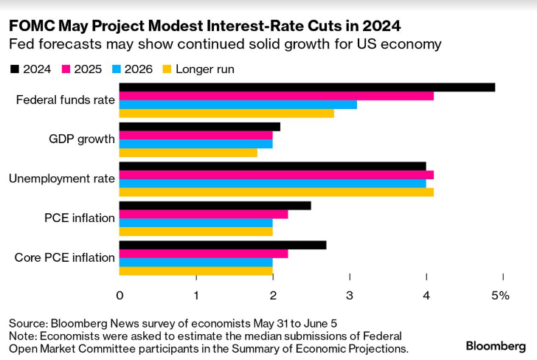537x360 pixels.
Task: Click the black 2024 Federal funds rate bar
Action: point(307,87)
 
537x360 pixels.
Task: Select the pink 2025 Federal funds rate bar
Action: point(277,96)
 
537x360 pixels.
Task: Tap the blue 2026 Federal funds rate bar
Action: point(238,105)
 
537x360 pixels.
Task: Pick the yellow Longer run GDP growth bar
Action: point(188,153)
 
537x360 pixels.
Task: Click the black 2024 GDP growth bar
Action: point(200,127)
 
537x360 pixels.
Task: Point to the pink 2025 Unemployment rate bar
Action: point(277,175)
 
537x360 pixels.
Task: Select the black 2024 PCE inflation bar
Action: point(215,205)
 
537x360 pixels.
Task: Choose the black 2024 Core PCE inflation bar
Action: point(223,245)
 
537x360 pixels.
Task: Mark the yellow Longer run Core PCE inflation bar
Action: point(196,271)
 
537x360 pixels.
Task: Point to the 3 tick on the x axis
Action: point(350,296)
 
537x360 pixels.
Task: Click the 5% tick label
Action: point(501,296)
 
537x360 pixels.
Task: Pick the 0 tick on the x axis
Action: point(120,296)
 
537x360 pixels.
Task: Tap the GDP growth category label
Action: point(81,139)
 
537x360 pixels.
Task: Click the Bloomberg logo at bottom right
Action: point(495,345)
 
